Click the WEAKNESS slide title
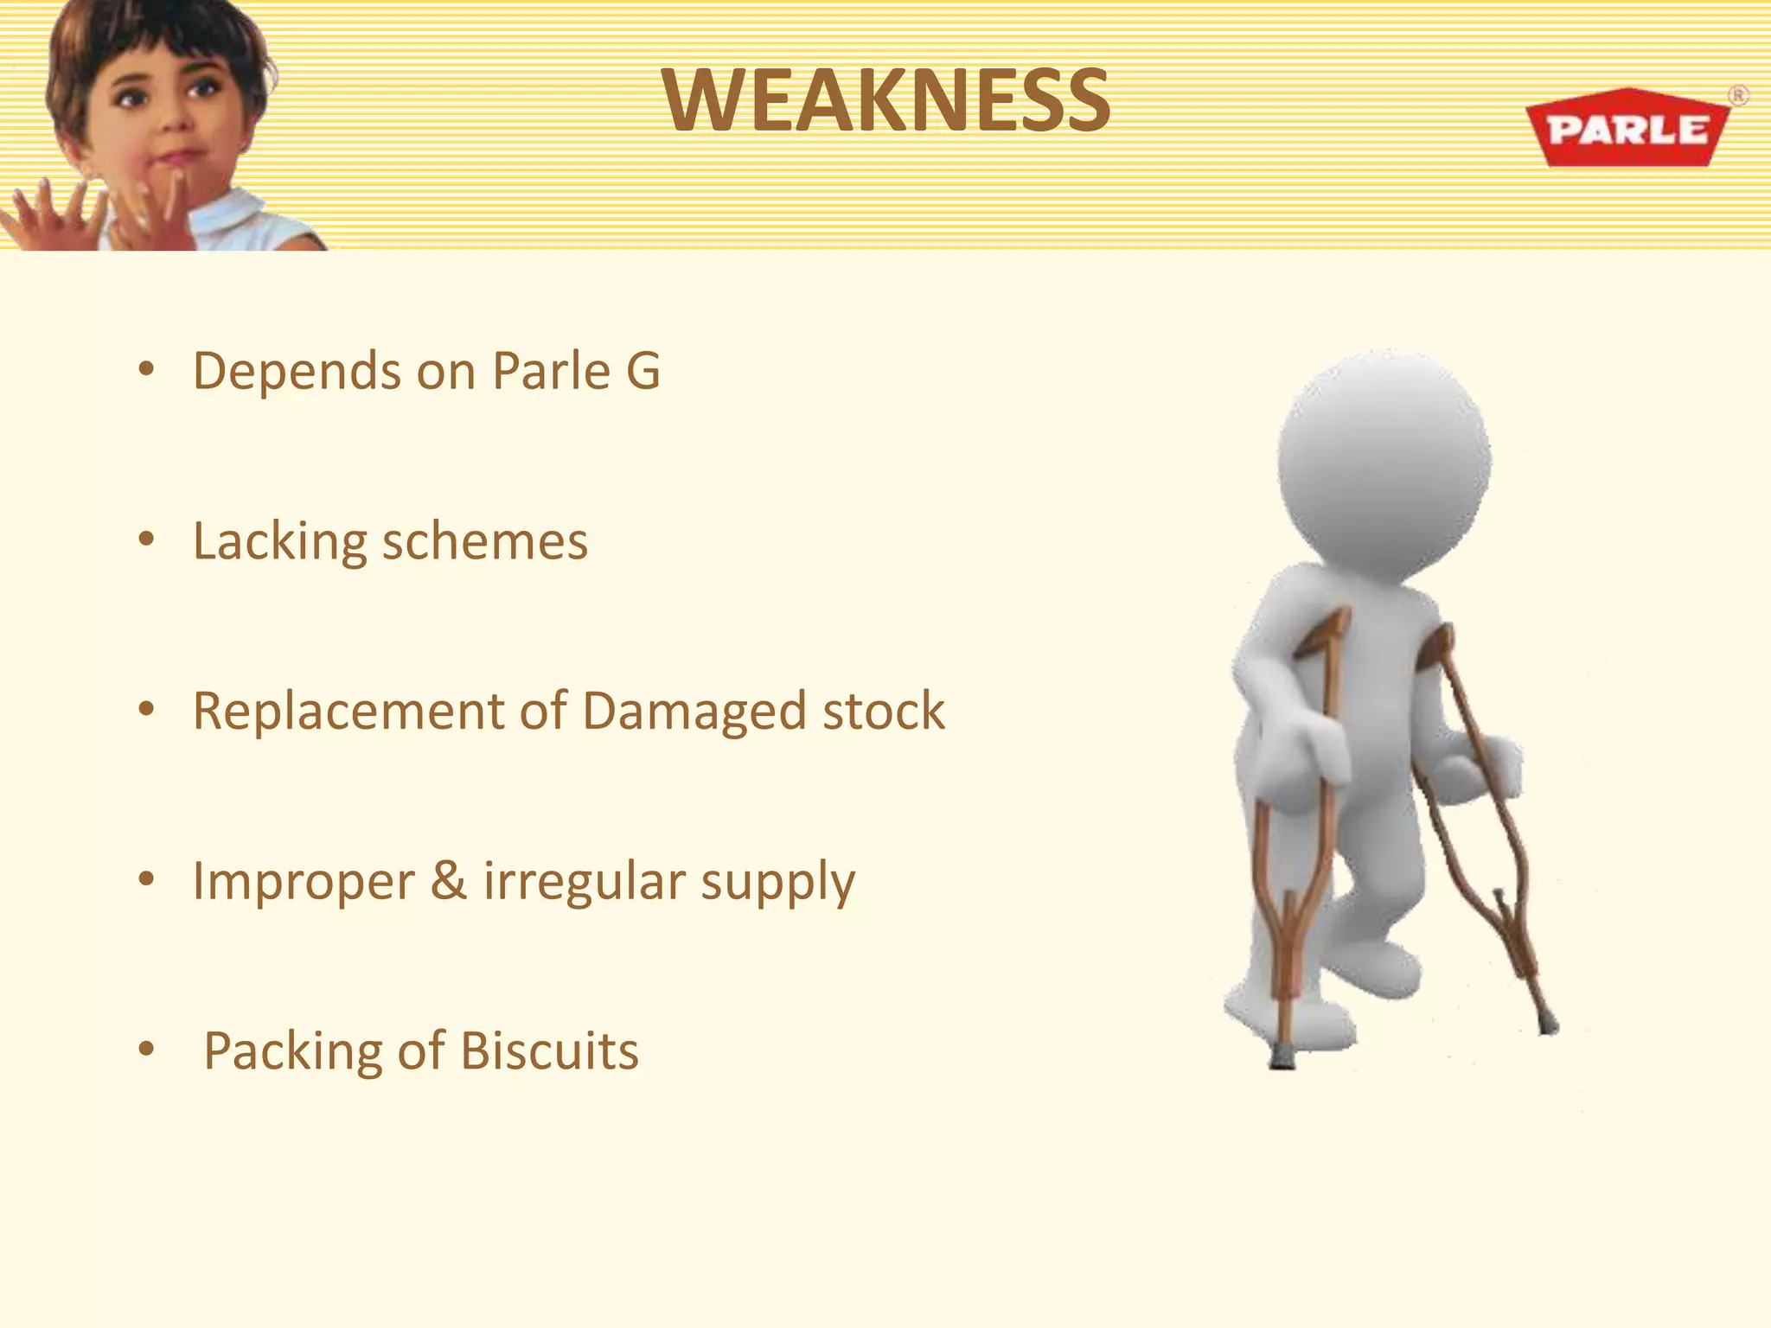886,101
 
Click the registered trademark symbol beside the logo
1737,95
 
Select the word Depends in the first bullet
296,372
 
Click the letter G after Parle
643,371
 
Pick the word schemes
484,542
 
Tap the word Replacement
348,712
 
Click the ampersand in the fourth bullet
448,881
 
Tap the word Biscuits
549,1051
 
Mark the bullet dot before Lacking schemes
146,539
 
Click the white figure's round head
1384,458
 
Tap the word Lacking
279,543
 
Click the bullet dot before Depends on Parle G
146,370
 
